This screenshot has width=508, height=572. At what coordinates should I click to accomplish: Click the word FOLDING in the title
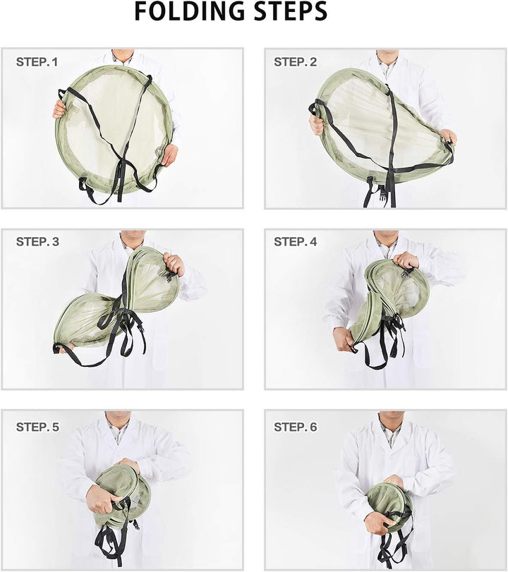click(x=190, y=11)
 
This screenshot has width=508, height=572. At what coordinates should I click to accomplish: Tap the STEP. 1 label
click(x=37, y=62)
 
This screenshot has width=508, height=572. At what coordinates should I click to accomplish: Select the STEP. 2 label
click(x=296, y=62)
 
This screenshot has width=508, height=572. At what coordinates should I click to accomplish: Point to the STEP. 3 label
click(x=37, y=241)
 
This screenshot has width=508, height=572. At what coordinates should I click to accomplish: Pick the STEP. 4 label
click(x=296, y=241)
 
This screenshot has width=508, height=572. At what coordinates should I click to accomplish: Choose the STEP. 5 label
click(x=37, y=427)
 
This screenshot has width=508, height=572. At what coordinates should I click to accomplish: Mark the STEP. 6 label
click(x=296, y=427)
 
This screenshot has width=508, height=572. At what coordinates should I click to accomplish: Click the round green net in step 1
click(x=114, y=130)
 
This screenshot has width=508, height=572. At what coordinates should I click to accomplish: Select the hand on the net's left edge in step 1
click(x=59, y=109)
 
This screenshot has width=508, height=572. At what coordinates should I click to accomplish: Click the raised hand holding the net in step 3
click(x=174, y=264)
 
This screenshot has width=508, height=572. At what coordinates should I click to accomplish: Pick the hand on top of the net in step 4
click(x=406, y=260)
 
